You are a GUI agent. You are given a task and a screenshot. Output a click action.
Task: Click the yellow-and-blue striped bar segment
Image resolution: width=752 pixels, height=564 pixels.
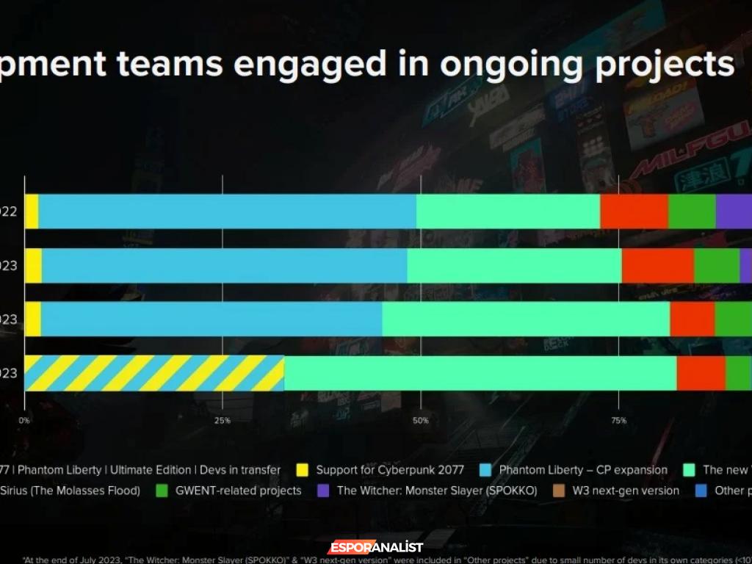point(154,373)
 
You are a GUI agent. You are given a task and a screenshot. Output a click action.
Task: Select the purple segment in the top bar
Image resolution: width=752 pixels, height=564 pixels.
point(733,211)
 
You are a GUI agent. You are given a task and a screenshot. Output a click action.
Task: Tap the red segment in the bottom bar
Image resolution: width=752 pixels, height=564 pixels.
point(701,373)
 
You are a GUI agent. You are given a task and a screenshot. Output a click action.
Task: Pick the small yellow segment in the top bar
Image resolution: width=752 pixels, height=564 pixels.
point(31,211)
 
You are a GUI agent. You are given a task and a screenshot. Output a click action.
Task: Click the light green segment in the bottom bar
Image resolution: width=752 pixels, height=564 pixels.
point(480,373)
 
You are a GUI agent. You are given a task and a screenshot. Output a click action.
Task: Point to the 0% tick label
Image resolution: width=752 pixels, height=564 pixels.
point(24,421)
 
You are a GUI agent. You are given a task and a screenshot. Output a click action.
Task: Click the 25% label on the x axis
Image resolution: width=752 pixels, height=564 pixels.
point(223,421)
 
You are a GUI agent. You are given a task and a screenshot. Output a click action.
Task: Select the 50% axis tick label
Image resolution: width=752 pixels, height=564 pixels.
point(420,421)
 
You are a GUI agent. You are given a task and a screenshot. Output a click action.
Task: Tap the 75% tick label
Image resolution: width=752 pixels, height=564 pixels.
point(618,421)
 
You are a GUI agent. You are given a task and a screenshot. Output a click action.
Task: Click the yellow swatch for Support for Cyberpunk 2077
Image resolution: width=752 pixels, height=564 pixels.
point(301,470)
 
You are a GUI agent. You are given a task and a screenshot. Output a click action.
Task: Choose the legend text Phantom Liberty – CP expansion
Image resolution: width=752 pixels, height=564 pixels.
point(583,470)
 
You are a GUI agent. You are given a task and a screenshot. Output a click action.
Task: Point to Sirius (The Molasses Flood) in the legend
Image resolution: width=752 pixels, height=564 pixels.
point(70,491)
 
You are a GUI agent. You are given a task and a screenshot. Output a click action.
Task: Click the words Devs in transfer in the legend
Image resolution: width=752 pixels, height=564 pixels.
point(242,470)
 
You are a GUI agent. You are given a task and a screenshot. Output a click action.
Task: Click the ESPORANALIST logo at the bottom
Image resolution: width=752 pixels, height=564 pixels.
point(375,547)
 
